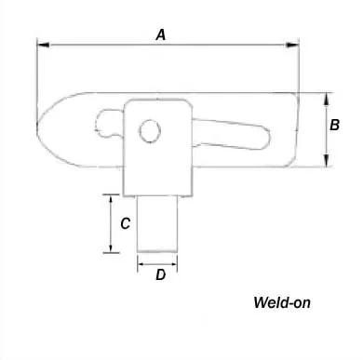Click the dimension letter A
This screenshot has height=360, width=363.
click(x=161, y=34)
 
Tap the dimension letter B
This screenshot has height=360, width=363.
click(x=335, y=125)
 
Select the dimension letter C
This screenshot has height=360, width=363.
click(x=125, y=223)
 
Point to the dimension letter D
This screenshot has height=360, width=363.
click(x=160, y=275)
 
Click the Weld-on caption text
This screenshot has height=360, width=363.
click(x=281, y=302)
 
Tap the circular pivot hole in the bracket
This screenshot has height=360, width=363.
click(x=149, y=131)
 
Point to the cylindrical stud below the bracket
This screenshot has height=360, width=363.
click(x=158, y=222)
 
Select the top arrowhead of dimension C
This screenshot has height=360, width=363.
click(x=112, y=198)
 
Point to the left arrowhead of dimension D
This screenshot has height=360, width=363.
click(x=141, y=262)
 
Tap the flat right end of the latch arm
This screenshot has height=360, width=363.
click(x=295, y=130)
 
